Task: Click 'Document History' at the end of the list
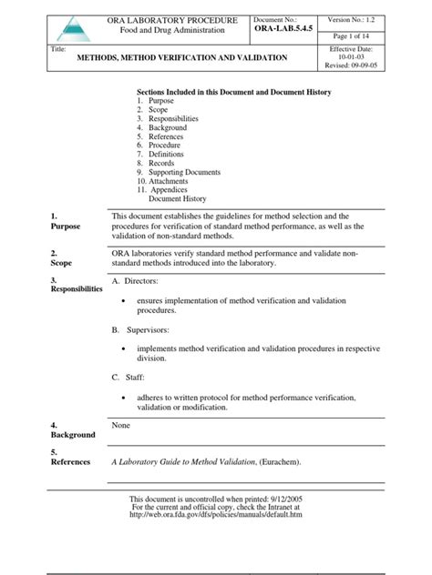point(178,198)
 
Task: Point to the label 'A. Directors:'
point(135,282)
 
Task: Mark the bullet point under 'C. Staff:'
point(124,398)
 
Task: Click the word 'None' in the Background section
point(121,425)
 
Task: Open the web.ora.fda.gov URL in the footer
point(215,514)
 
